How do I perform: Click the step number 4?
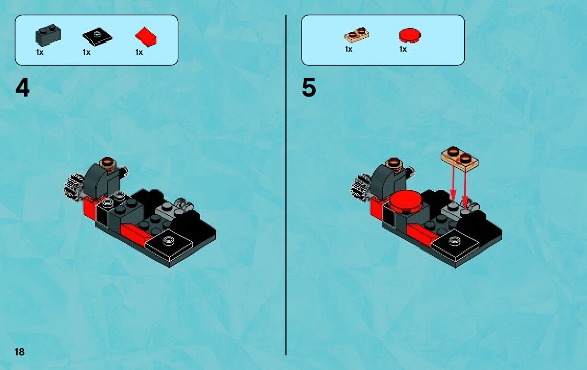point(22,88)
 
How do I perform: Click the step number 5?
point(309,88)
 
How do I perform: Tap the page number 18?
point(19,352)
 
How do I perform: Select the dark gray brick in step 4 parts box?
point(48,35)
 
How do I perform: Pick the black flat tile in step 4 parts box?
point(97,37)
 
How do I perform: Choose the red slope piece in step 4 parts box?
point(146,37)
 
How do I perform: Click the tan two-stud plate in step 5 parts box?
point(356,35)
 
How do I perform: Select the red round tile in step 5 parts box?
point(410,35)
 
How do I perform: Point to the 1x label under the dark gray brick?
point(40,52)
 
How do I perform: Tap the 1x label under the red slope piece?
point(139,52)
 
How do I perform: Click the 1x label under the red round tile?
point(403,50)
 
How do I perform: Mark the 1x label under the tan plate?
point(349,50)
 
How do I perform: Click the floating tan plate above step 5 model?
point(459,159)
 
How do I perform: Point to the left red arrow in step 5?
point(453,184)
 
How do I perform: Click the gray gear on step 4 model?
point(73,187)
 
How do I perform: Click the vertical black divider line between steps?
point(286,185)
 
